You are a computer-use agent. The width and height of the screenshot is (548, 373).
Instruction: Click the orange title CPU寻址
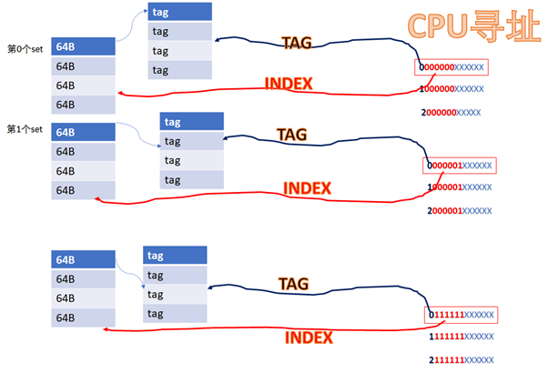[x=474, y=25]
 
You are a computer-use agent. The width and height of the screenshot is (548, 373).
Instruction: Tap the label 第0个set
[x=25, y=49]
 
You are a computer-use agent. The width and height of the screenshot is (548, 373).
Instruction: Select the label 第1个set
[x=25, y=129]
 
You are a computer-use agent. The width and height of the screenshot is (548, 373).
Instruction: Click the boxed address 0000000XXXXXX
[x=452, y=67]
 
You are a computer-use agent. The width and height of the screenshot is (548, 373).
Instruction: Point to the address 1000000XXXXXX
[x=452, y=89]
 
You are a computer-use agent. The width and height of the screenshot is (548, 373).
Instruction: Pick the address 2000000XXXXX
[x=451, y=113]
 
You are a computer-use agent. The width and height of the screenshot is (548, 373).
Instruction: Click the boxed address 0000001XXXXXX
[x=460, y=166]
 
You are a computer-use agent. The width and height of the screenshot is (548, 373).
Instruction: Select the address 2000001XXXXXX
[x=460, y=210]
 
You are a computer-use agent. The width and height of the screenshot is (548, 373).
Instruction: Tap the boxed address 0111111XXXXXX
[x=461, y=315]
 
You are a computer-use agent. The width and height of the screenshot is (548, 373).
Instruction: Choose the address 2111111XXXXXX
[x=462, y=360]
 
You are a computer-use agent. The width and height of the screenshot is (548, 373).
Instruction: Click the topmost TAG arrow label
[x=297, y=43]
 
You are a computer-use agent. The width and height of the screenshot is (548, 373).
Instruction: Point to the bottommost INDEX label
[x=309, y=338]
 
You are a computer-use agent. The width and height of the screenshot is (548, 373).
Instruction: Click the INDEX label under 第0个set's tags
[x=289, y=84]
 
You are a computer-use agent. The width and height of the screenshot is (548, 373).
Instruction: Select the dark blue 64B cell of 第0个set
[x=83, y=46]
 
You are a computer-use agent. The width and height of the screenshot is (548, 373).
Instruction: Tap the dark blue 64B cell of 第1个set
[x=83, y=132]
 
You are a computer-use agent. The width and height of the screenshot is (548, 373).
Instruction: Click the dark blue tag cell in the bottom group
[x=175, y=256]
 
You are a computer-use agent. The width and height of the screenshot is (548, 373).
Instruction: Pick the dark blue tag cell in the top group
[x=179, y=12]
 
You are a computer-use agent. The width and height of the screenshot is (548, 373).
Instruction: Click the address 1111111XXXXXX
[x=462, y=337]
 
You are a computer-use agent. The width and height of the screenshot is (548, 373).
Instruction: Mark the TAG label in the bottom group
[x=293, y=284]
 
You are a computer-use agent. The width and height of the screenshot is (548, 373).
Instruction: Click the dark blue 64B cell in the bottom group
[x=83, y=259]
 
